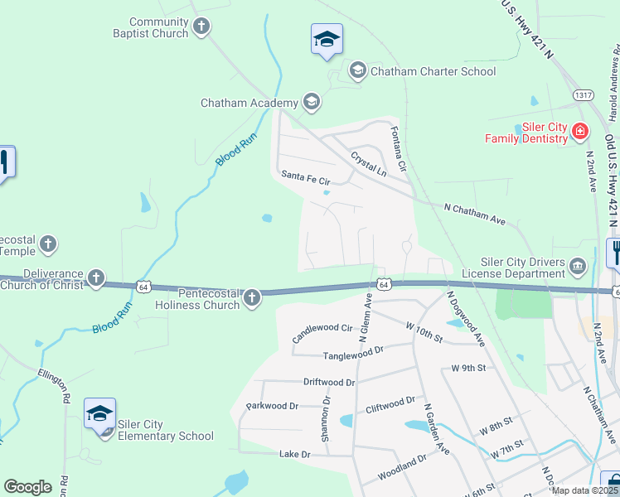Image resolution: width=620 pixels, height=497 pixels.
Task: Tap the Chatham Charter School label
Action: [x=433, y=71]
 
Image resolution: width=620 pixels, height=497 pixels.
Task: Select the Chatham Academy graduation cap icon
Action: [x=311, y=103]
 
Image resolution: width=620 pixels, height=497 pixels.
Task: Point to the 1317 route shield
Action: [x=584, y=96]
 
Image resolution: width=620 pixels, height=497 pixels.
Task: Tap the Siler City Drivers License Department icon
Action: [x=578, y=267]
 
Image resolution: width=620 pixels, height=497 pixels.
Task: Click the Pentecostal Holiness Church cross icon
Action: [x=252, y=297]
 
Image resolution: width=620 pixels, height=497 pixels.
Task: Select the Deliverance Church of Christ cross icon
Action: [x=96, y=277]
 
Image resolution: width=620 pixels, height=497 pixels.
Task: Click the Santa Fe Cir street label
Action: [x=305, y=176]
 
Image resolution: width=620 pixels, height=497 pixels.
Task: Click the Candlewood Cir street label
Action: [x=323, y=333]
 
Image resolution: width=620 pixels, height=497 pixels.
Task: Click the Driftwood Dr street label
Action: [x=329, y=383]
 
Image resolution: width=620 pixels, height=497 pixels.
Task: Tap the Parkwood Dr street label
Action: [x=272, y=407]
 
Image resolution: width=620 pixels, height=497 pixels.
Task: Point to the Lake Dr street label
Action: [x=294, y=455]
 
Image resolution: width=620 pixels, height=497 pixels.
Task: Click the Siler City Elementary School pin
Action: [x=100, y=414]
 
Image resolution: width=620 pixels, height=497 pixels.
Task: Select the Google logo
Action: [x=28, y=487]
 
